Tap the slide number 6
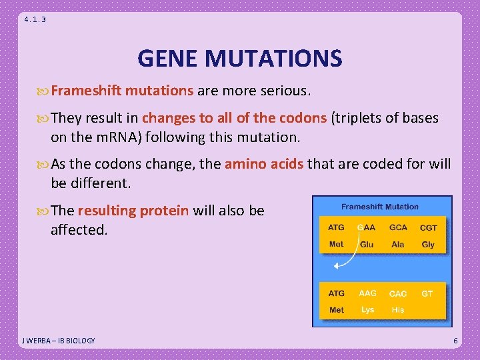pos(455,341)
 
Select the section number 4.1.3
pos(35,19)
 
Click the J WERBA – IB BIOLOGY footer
pos(59,341)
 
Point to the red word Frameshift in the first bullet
pos(87,90)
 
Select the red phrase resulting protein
pos(133,211)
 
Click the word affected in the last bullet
pos(79,230)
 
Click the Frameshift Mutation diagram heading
pos(380,207)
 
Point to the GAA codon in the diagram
pos(367,228)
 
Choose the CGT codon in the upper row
pos(429,228)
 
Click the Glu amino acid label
pos(367,245)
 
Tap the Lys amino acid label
pos(367,310)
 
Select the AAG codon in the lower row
pos(367,293)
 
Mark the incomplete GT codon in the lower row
pos(427,293)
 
